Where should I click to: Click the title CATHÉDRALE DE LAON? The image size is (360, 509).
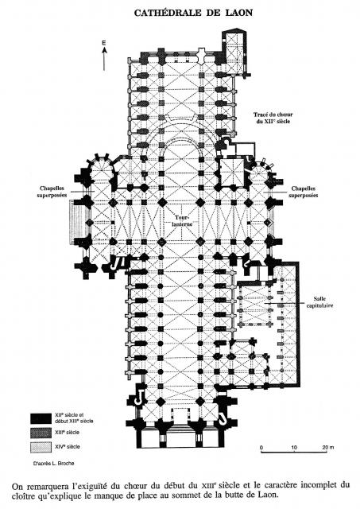click(x=193, y=13)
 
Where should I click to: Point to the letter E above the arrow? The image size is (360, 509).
click(x=104, y=42)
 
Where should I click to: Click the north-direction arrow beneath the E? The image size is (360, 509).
click(x=104, y=58)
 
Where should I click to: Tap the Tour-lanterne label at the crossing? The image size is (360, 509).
click(x=184, y=221)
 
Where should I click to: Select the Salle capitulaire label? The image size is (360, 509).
click(x=319, y=302)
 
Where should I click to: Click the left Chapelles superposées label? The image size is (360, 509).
click(x=52, y=192)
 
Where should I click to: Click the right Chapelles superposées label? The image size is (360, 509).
click(x=303, y=192)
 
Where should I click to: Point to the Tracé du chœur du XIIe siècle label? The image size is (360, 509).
click(x=273, y=118)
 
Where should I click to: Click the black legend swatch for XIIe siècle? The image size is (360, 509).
click(x=41, y=418)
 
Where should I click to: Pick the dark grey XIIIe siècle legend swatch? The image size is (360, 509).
click(x=41, y=433)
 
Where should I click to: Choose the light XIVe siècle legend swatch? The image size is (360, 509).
click(x=41, y=447)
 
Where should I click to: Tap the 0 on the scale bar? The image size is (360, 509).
click(x=261, y=447)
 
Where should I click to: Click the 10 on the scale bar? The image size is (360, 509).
click(x=294, y=447)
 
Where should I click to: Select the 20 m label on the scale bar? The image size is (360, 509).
click(x=327, y=447)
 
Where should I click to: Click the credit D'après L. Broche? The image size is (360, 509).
click(x=53, y=463)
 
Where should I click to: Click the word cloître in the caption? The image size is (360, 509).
click(x=25, y=495)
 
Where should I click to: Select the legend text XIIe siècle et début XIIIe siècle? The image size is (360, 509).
click(x=74, y=418)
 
